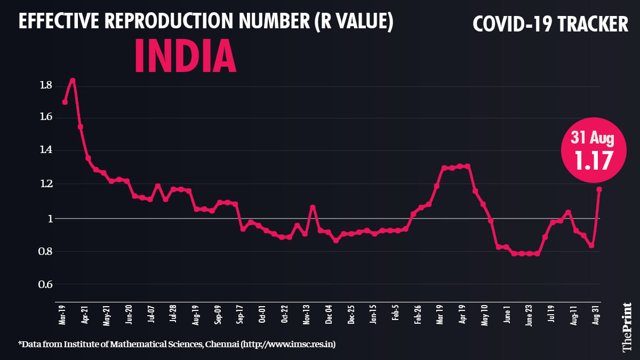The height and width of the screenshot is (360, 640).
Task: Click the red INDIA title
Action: click(185, 56)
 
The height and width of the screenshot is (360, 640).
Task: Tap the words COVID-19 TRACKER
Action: click(551, 24)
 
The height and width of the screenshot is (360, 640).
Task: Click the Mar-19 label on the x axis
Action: click(62, 314)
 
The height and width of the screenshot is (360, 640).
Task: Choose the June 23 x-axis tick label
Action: click(529, 314)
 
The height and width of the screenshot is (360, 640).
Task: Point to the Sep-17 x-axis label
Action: click(240, 314)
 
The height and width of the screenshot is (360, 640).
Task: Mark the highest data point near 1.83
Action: click(73, 81)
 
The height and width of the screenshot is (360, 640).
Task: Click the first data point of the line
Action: click(65, 102)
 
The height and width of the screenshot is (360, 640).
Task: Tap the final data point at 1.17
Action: click(599, 189)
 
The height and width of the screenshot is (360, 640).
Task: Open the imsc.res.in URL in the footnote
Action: click(289, 345)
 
